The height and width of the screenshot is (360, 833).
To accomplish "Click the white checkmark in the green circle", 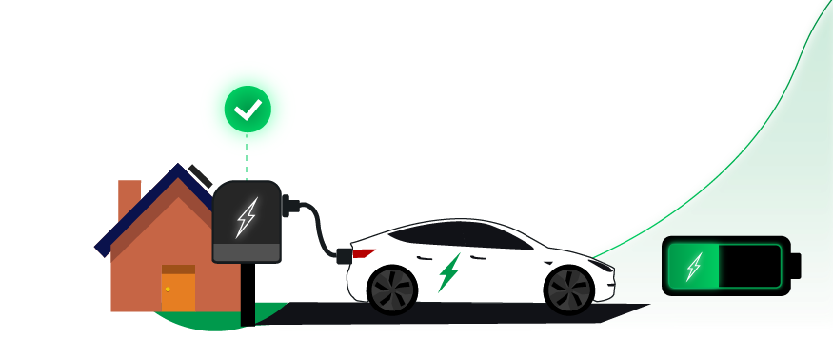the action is pos(248,110).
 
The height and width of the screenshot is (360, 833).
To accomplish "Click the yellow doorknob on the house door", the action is pos(168,288).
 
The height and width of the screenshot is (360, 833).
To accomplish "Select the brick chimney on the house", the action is pos(129,199).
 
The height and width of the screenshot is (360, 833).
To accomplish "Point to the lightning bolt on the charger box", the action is pos(246,217).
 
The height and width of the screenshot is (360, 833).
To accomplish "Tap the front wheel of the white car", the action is pos(568,289).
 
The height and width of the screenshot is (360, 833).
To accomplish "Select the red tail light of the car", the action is pos(362,253).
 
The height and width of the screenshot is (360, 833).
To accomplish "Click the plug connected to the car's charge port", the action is pos(343,255).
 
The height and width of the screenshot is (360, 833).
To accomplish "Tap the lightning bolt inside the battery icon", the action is pos(694,266).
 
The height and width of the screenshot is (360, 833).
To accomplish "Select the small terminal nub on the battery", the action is pos(795,266).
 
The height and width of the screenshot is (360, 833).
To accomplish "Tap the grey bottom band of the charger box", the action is pos(247,251).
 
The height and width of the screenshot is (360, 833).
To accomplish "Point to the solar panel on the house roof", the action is pos(200,175).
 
